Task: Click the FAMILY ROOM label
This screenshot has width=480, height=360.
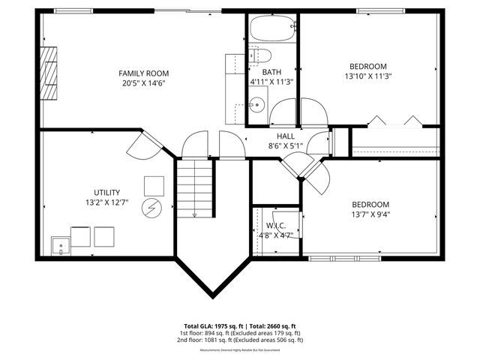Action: (x=143, y=73)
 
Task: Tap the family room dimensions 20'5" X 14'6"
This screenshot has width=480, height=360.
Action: (x=143, y=83)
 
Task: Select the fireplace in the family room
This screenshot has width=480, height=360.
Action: (x=49, y=73)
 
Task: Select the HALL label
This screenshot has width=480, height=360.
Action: (x=285, y=136)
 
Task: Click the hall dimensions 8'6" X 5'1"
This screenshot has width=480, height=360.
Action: (x=285, y=146)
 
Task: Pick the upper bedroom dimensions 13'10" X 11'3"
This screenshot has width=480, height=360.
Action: (x=368, y=76)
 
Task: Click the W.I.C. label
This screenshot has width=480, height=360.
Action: (x=275, y=224)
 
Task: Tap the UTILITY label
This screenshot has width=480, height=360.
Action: (x=106, y=192)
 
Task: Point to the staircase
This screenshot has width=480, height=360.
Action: (x=195, y=187)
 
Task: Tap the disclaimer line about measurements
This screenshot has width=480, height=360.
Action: (x=239, y=349)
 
